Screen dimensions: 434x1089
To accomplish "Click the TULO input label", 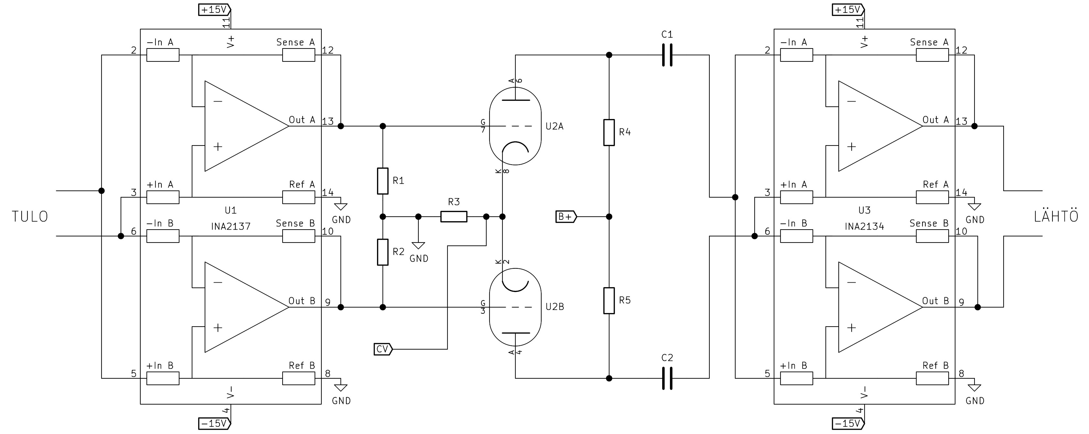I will (30, 217).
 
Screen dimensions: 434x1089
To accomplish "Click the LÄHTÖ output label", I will (1056, 217).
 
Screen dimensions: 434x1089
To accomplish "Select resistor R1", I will (383, 181).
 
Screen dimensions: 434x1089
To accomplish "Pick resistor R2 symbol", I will (383, 252).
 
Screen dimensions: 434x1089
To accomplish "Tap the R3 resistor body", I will (454, 217).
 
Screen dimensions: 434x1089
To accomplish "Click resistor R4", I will (609, 132).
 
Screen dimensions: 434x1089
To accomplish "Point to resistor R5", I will (609, 300).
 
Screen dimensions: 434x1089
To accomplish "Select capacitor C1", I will (667, 55).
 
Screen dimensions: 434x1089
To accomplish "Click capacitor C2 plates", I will (667, 378).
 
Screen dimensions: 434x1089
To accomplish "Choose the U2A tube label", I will (554, 126).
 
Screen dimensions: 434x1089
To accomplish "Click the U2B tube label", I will (555, 307).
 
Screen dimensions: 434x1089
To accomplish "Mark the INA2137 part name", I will (231, 226).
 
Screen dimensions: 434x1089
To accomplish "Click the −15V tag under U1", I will (215, 423).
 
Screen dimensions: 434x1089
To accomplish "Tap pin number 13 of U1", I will (328, 121).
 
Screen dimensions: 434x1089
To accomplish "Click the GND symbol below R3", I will (418, 246).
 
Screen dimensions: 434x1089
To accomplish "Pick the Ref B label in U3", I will (935, 365).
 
